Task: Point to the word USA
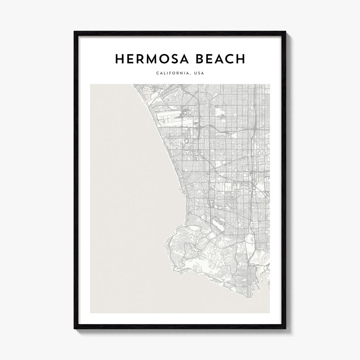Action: (199, 73)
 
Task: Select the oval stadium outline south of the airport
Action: (185, 142)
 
